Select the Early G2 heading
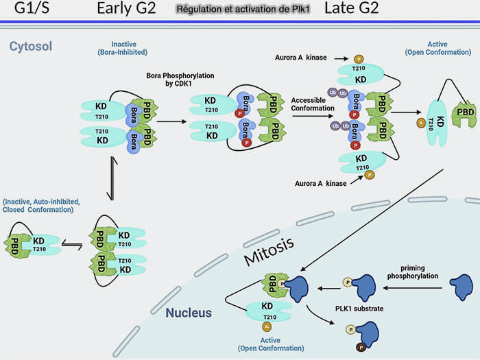(x=126, y=9)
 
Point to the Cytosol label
(x=31, y=47)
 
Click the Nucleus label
(x=189, y=313)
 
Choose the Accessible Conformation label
(x=313, y=104)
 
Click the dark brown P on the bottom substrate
(x=359, y=348)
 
